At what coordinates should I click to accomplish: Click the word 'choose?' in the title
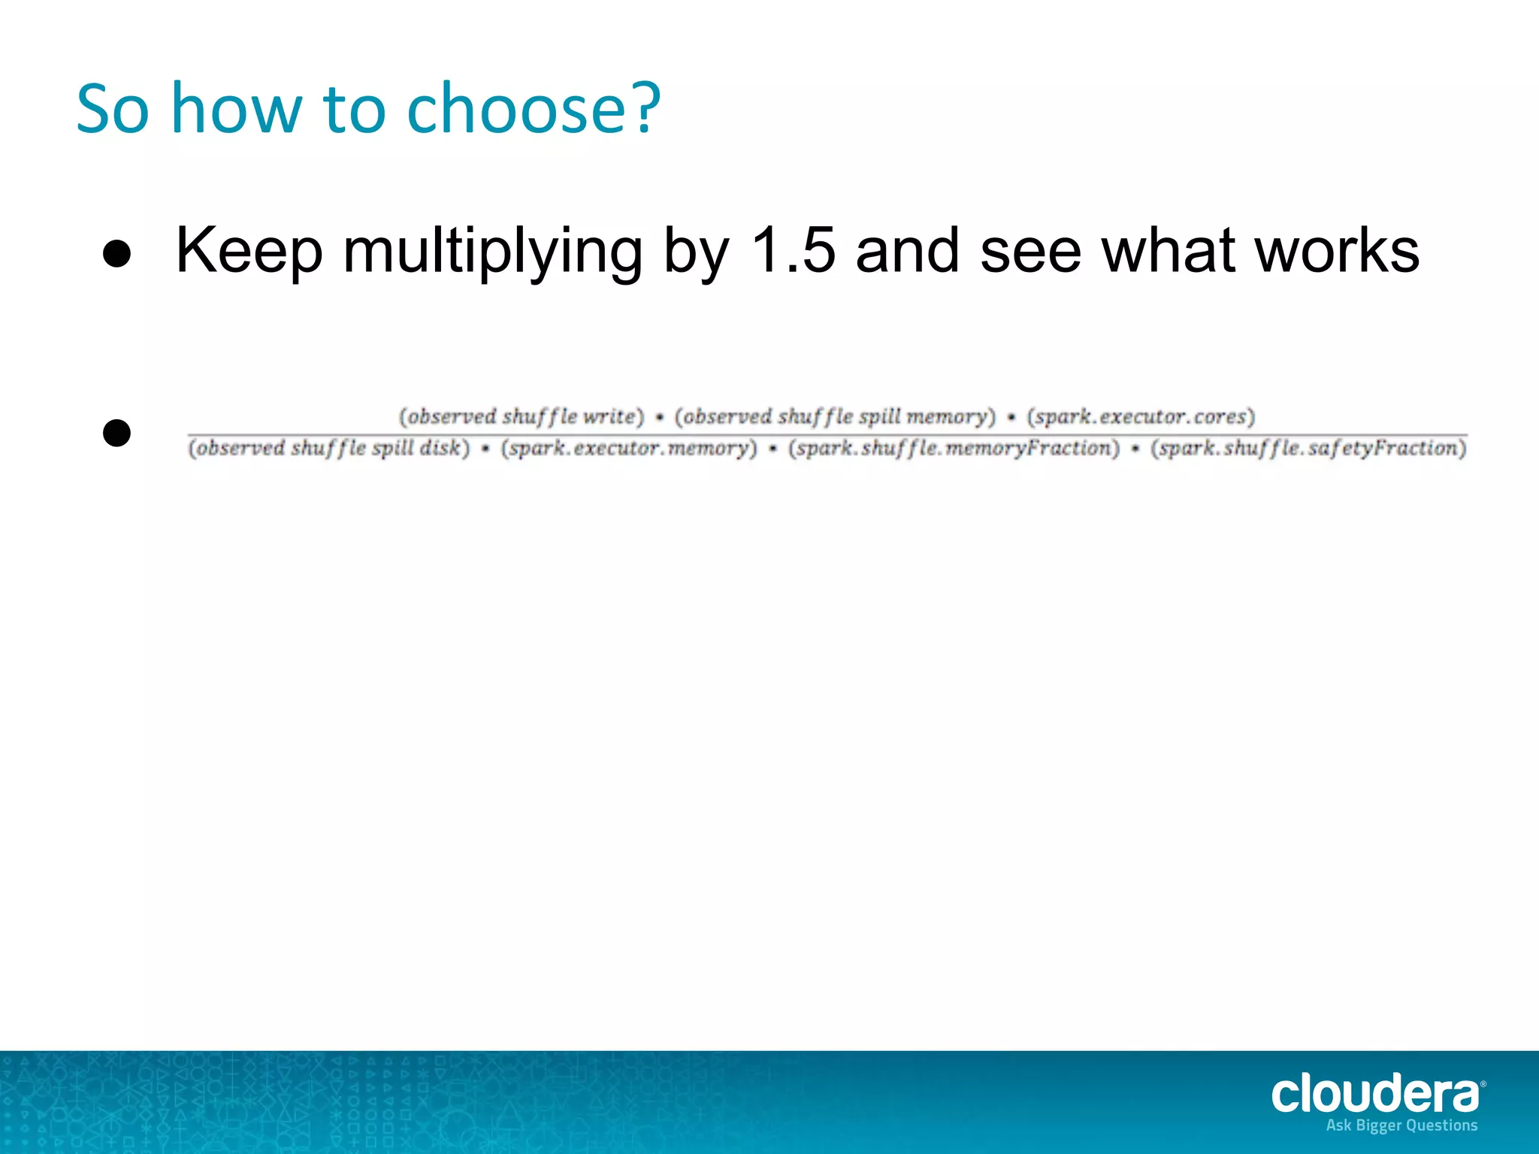tap(533, 110)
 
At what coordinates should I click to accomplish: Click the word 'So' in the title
tap(113, 110)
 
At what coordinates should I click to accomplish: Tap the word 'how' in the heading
tap(236, 110)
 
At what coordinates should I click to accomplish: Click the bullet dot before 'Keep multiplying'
tap(116, 254)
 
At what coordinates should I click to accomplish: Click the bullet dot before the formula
tap(116, 433)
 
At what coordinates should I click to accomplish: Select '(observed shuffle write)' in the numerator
tap(522, 416)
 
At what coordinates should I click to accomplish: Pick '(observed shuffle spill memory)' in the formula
tap(835, 416)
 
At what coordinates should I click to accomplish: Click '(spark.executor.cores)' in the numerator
tap(1141, 416)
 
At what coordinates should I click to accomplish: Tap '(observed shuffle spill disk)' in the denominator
tap(328, 449)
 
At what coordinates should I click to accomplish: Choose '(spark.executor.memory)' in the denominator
tap(629, 449)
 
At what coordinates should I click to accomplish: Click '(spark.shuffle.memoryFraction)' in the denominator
tap(954, 449)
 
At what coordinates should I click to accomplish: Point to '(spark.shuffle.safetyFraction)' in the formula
tap(1308, 449)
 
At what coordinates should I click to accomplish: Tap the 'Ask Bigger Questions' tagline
tap(1401, 1125)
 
